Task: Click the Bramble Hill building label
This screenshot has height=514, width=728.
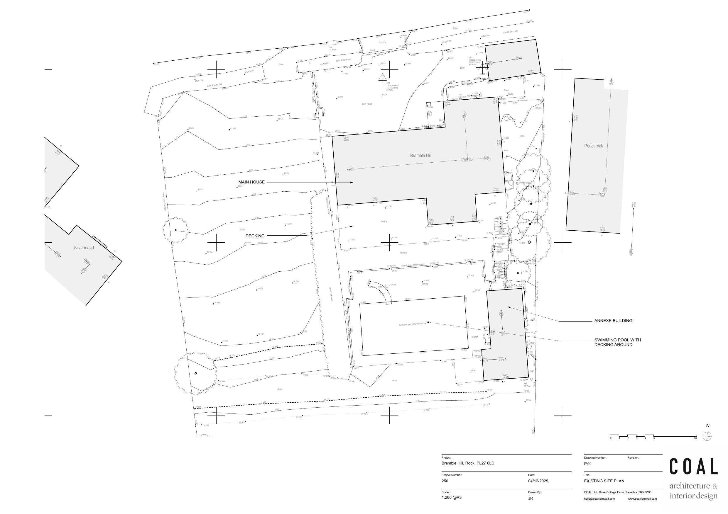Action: (x=420, y=156)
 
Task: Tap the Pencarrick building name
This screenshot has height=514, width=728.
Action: (x=593, y=146)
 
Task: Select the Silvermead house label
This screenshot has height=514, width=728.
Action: (x=84, y=248)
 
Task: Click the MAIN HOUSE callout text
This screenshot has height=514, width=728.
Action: (x=251, y=182)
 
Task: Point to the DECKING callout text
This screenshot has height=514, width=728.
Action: (x=255, y=236)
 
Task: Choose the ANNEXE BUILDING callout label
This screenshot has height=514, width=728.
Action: (x=613, y=321)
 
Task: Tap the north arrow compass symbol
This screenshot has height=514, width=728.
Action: (x=707, y=436)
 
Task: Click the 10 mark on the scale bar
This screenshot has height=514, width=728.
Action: (x=695, y=438)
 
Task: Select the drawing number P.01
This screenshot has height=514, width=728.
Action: (x=588, y=464)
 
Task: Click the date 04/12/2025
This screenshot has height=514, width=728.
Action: (x=538, y=481)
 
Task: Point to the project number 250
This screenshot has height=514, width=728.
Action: (x=445, y=481)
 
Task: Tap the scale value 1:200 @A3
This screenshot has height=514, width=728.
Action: (x=452, y=498)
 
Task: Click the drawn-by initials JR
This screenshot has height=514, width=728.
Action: (x=531, y=498)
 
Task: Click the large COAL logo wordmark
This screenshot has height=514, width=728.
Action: (x=693, y=467)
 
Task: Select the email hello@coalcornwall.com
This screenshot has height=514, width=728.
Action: (x=599, y=499)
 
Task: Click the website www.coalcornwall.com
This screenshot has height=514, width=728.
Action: (x=642, y=499)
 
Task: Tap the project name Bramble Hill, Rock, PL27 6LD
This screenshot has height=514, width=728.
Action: (x=468, y=463)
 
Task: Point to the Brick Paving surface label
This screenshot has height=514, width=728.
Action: (x=367, y=104)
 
